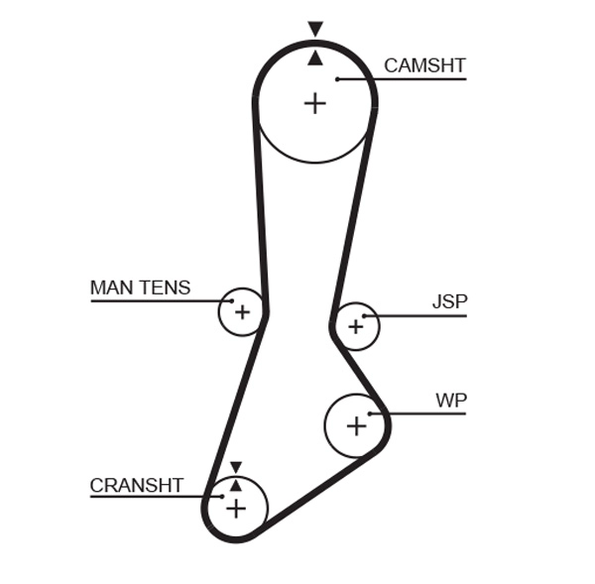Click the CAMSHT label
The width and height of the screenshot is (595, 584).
424,65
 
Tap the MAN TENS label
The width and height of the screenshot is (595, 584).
140,288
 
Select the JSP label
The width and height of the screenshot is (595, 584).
449,302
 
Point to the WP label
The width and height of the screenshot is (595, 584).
451,401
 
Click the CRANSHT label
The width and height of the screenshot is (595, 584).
137,485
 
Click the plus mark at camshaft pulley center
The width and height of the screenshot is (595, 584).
314,102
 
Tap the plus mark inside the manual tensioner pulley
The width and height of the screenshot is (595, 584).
242,313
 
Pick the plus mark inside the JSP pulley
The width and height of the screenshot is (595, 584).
356,326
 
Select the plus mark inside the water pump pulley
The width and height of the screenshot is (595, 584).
356,425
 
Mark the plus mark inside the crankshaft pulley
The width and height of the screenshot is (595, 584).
235,509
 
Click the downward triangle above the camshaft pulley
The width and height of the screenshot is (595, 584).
315,30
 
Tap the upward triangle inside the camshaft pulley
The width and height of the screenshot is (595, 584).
315,58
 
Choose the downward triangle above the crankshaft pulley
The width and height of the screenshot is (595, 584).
235,467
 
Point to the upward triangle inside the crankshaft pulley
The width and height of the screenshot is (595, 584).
235,485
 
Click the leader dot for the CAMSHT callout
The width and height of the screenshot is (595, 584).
337,78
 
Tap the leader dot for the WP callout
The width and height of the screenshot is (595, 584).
370,413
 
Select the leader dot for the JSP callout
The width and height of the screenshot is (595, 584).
365,316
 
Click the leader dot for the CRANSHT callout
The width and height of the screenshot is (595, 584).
222,497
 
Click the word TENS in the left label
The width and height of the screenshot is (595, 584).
166,288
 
